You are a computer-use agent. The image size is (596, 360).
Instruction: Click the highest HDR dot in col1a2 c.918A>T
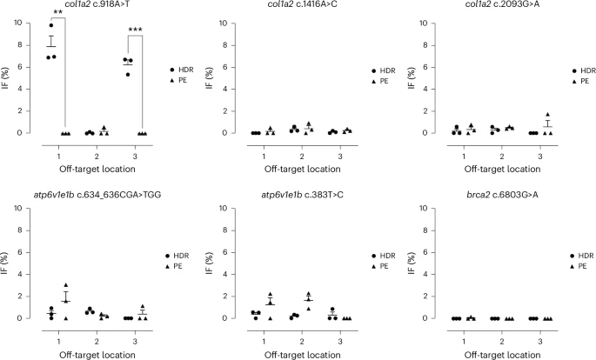click(51, 25)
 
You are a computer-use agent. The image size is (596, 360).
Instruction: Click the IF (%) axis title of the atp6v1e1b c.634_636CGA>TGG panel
click(7, 263)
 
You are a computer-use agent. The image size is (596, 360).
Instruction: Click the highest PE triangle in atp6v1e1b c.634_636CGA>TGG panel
click(65, 285)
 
